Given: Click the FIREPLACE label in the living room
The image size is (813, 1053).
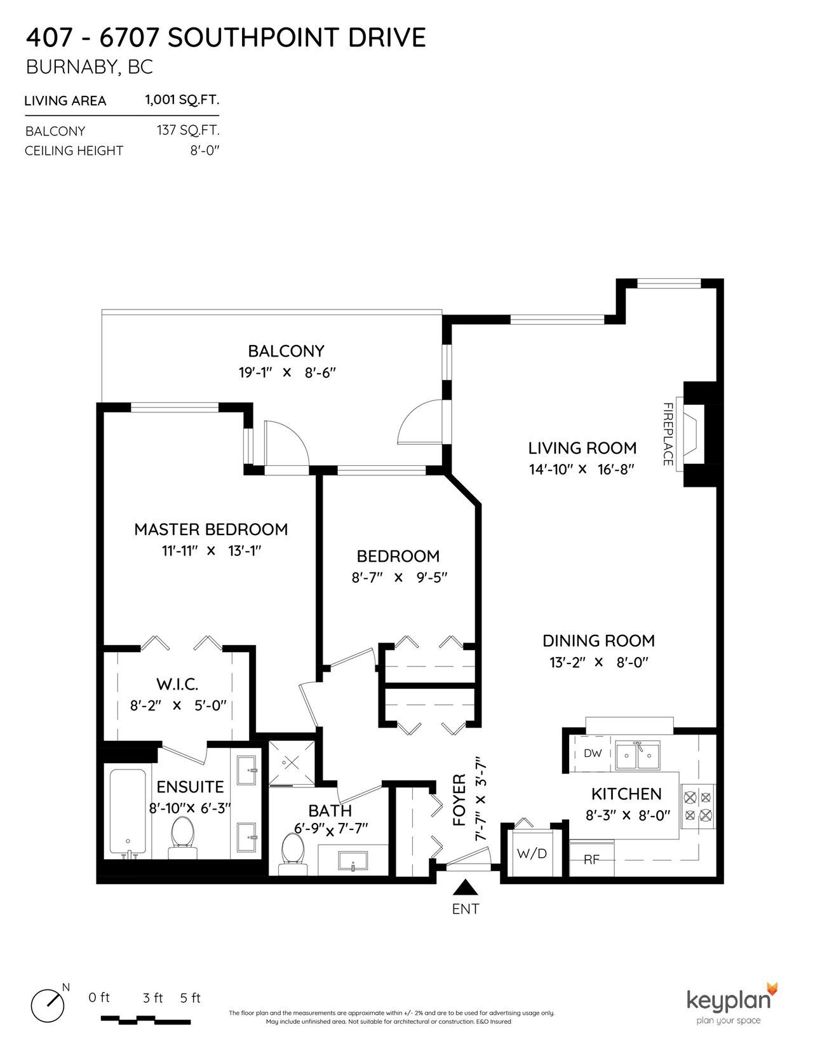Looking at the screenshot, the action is coord(668,434).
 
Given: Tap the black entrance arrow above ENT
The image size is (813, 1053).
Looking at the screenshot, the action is coord(466,887).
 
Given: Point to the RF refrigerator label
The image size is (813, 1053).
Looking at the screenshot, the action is coord(592,860).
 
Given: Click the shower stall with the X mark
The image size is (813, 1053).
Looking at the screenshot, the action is coord(292,763).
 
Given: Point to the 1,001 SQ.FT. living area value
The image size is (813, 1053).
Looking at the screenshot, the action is coord(182,100).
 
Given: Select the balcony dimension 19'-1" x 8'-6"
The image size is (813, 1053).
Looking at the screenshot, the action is coord(287,372).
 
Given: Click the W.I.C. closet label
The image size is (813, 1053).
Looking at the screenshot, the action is coord(177,684).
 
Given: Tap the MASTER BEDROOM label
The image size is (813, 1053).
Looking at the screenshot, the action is coord(211,529).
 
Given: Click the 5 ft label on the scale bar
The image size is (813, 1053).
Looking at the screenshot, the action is coord(191,997).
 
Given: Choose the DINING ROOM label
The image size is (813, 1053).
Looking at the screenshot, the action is coord(598,641).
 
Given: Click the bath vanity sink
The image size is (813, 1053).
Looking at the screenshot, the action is coord(353,861).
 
